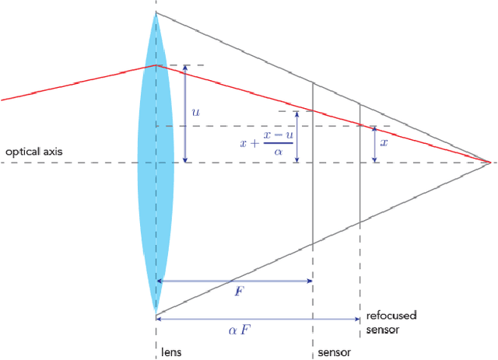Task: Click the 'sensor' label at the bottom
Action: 335,352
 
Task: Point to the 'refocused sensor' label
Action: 391,322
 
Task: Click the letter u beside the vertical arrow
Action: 195,113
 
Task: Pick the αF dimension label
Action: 239,329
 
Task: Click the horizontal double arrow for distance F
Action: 234,281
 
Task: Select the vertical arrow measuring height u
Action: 184,114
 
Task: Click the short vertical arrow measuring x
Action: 374,144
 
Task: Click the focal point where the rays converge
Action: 490,163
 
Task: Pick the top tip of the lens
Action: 156,13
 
